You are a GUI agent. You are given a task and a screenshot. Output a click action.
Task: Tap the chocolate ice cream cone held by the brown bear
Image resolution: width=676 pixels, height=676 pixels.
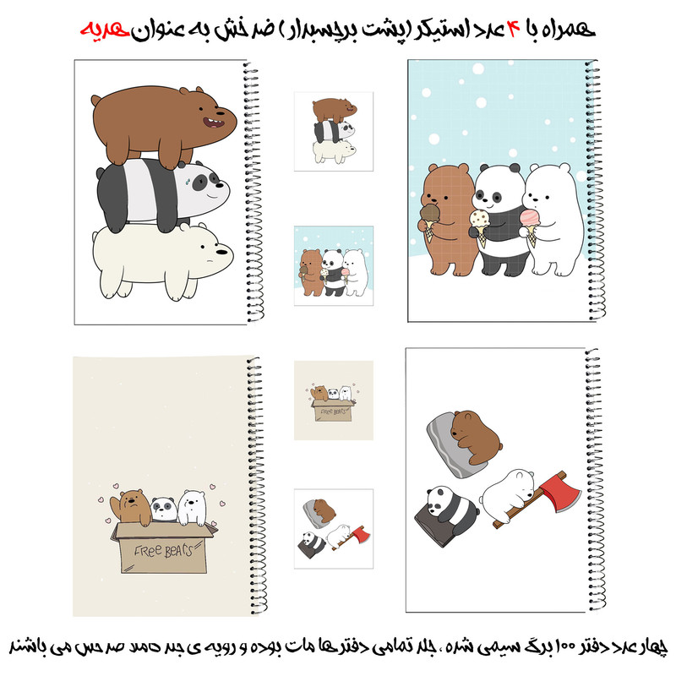429,222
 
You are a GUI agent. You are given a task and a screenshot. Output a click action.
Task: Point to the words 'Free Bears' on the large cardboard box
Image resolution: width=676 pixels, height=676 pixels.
163,551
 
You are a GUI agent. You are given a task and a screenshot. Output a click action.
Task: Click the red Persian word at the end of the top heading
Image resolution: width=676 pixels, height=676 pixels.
105,30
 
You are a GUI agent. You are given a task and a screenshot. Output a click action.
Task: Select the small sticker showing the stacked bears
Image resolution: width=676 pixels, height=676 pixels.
334,132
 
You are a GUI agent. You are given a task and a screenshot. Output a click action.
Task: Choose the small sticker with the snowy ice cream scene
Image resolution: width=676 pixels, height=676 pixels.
334,265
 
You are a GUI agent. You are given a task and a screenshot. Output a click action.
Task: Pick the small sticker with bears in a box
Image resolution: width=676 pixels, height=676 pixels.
334,400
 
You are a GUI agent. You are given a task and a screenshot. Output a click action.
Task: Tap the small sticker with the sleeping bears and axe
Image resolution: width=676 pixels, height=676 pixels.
334,529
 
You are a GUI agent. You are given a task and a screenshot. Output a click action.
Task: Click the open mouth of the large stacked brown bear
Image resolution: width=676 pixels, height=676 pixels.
214,123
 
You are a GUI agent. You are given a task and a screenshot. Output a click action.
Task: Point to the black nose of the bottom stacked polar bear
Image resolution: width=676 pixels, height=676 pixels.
221,252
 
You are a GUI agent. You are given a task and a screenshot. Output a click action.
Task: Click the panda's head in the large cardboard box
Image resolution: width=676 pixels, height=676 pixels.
164,509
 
